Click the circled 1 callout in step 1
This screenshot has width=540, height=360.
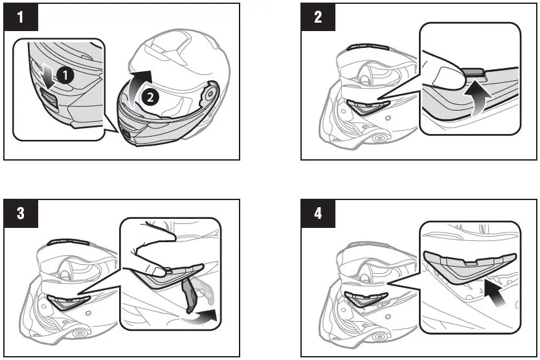[63, 75]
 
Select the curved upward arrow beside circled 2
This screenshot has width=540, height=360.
[134, 91]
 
